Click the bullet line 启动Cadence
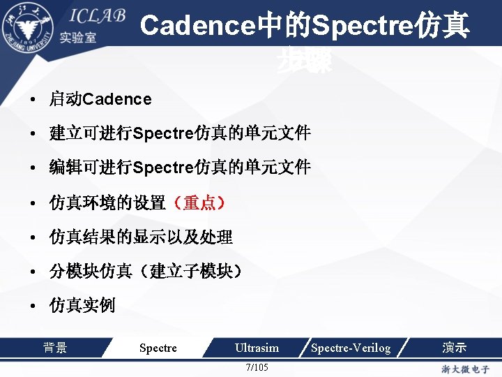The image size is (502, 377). tap(100, 99)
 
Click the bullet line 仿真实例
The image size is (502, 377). tap(82, 305)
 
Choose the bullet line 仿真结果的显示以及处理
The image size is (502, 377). tap(141, 237)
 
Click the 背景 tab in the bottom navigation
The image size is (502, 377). tap(55, 347)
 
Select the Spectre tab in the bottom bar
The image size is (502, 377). tap(158, 348)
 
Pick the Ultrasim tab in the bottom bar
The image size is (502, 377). tap(257, 348)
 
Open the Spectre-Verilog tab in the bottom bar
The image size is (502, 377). tap(351, 348)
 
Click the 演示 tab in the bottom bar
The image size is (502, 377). tap(455, 347)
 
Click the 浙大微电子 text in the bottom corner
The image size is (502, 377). tap(466, 369)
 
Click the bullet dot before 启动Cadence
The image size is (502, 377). tap(33, 100)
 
